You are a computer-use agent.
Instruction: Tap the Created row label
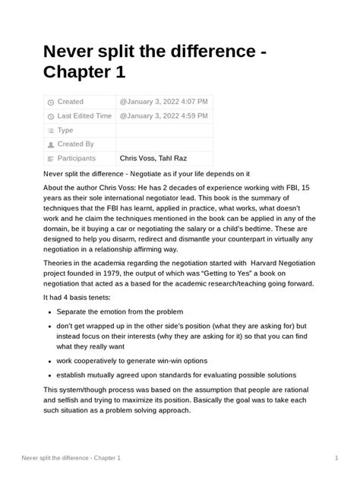click(71, 102)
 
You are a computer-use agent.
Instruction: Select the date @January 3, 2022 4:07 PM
click(163, 102)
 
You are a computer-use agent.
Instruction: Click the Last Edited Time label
click(84, 116)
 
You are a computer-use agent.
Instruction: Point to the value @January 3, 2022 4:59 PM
click(163, 116)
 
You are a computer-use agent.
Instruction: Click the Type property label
click(65, 130)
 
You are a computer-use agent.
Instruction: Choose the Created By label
click(76, 144)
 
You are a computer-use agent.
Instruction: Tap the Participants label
click(77, 159)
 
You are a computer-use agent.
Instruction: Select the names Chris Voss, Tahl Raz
click(153, 159)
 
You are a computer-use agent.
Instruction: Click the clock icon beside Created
click(51, 103)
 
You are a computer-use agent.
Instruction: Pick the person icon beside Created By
click(51, 145)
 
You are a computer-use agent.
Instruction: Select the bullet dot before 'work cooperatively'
click(50, 361)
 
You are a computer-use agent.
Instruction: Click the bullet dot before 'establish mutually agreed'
click(50, 375)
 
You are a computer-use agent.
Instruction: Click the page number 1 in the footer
click(336, 458)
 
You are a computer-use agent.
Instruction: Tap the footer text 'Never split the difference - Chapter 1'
click(70, 458)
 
